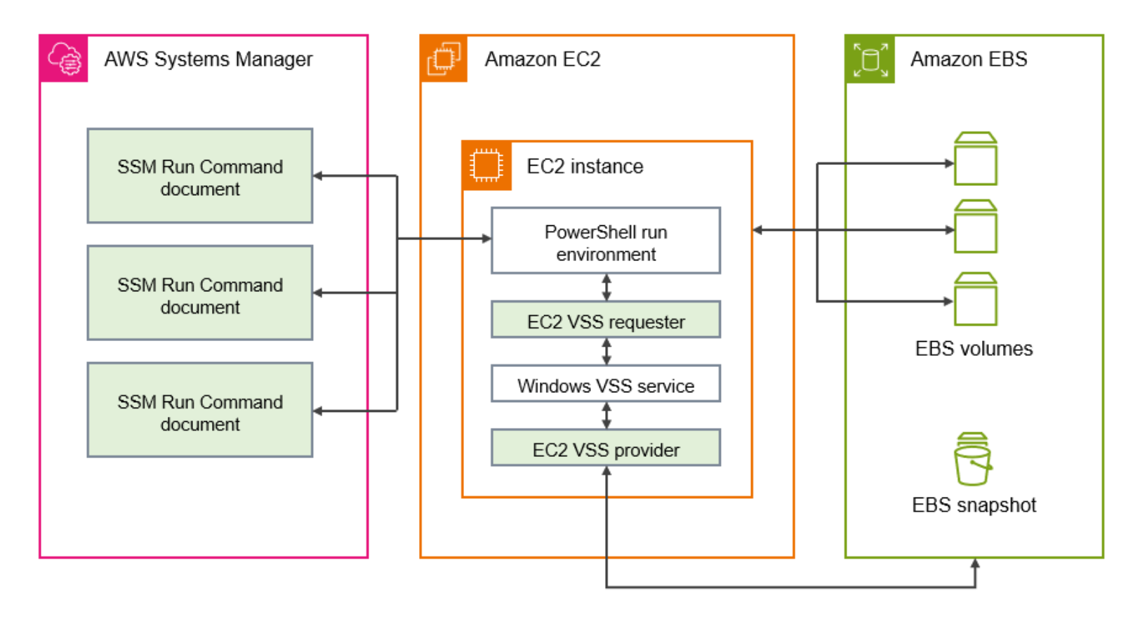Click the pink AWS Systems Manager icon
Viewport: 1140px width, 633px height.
coord(64,59)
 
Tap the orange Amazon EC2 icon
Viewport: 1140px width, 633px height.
coord(444,59)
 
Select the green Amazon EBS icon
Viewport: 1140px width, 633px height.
coord(870,59)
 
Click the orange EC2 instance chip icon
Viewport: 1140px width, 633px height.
coord(486,166)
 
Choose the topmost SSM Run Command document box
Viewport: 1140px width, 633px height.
coord(200,176)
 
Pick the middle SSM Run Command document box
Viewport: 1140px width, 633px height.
coord(200,293)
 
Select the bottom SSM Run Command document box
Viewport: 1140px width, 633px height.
coord(200,411)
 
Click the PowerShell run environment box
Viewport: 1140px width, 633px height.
coord(606,241)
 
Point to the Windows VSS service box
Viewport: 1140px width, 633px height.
coord(606,385)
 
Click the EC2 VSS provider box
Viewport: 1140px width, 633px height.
coord(606,448)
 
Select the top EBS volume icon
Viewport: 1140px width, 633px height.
coord(975,159)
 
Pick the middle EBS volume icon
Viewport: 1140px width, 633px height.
coord(975,226)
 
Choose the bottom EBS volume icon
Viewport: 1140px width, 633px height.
coord(975,299)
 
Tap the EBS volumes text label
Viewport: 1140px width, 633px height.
coord(974,349)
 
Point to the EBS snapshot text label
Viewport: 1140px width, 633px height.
coord(974,505)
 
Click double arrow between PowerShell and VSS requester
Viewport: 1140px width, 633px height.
coord(607,288)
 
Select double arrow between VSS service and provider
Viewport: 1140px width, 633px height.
coord(607,415)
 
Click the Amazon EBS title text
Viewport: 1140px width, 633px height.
coord(968,59)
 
